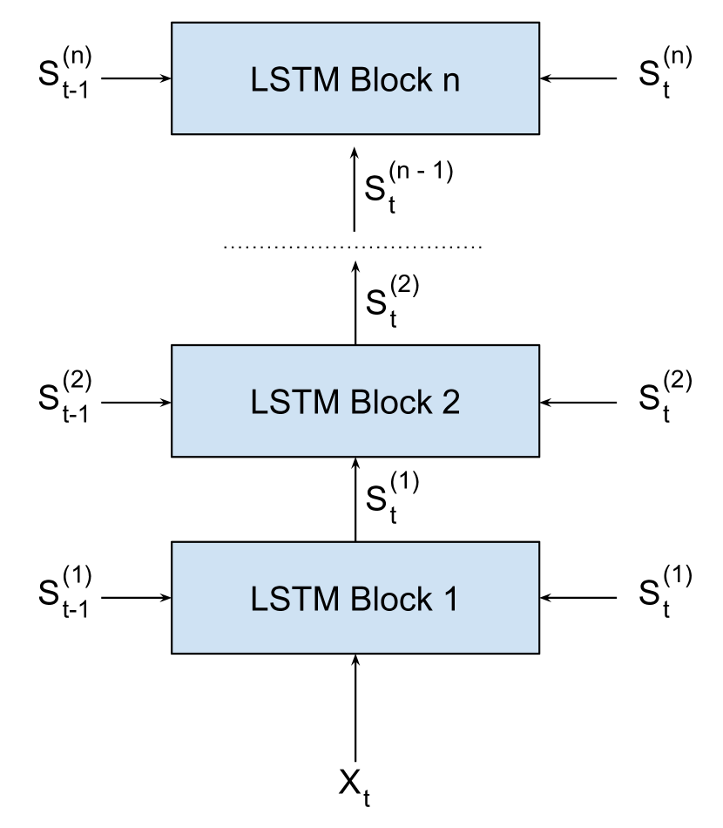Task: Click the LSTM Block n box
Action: point(355,78)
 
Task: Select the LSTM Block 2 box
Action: point(355,401)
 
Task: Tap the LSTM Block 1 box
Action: point(355,598)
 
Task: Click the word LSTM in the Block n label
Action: point(296,80)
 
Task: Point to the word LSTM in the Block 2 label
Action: point(296,403)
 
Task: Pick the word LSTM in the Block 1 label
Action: point(296,600)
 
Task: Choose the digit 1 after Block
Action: point(449,600)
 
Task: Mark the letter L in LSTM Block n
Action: point(259,80)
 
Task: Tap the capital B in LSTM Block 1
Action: point(360,600)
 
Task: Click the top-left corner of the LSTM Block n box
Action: point(173,24)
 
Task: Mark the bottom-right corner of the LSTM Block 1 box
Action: point(537,651)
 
